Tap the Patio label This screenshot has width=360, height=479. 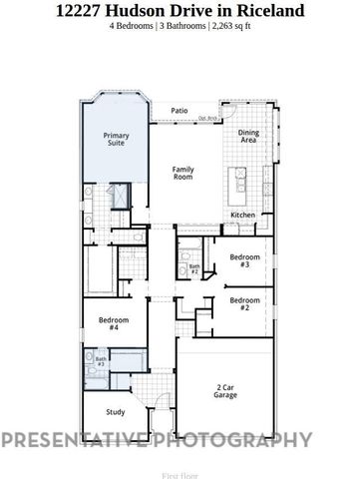(179, 110)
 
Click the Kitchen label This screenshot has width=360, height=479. (243, 215)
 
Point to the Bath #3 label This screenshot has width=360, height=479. (101, 362)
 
